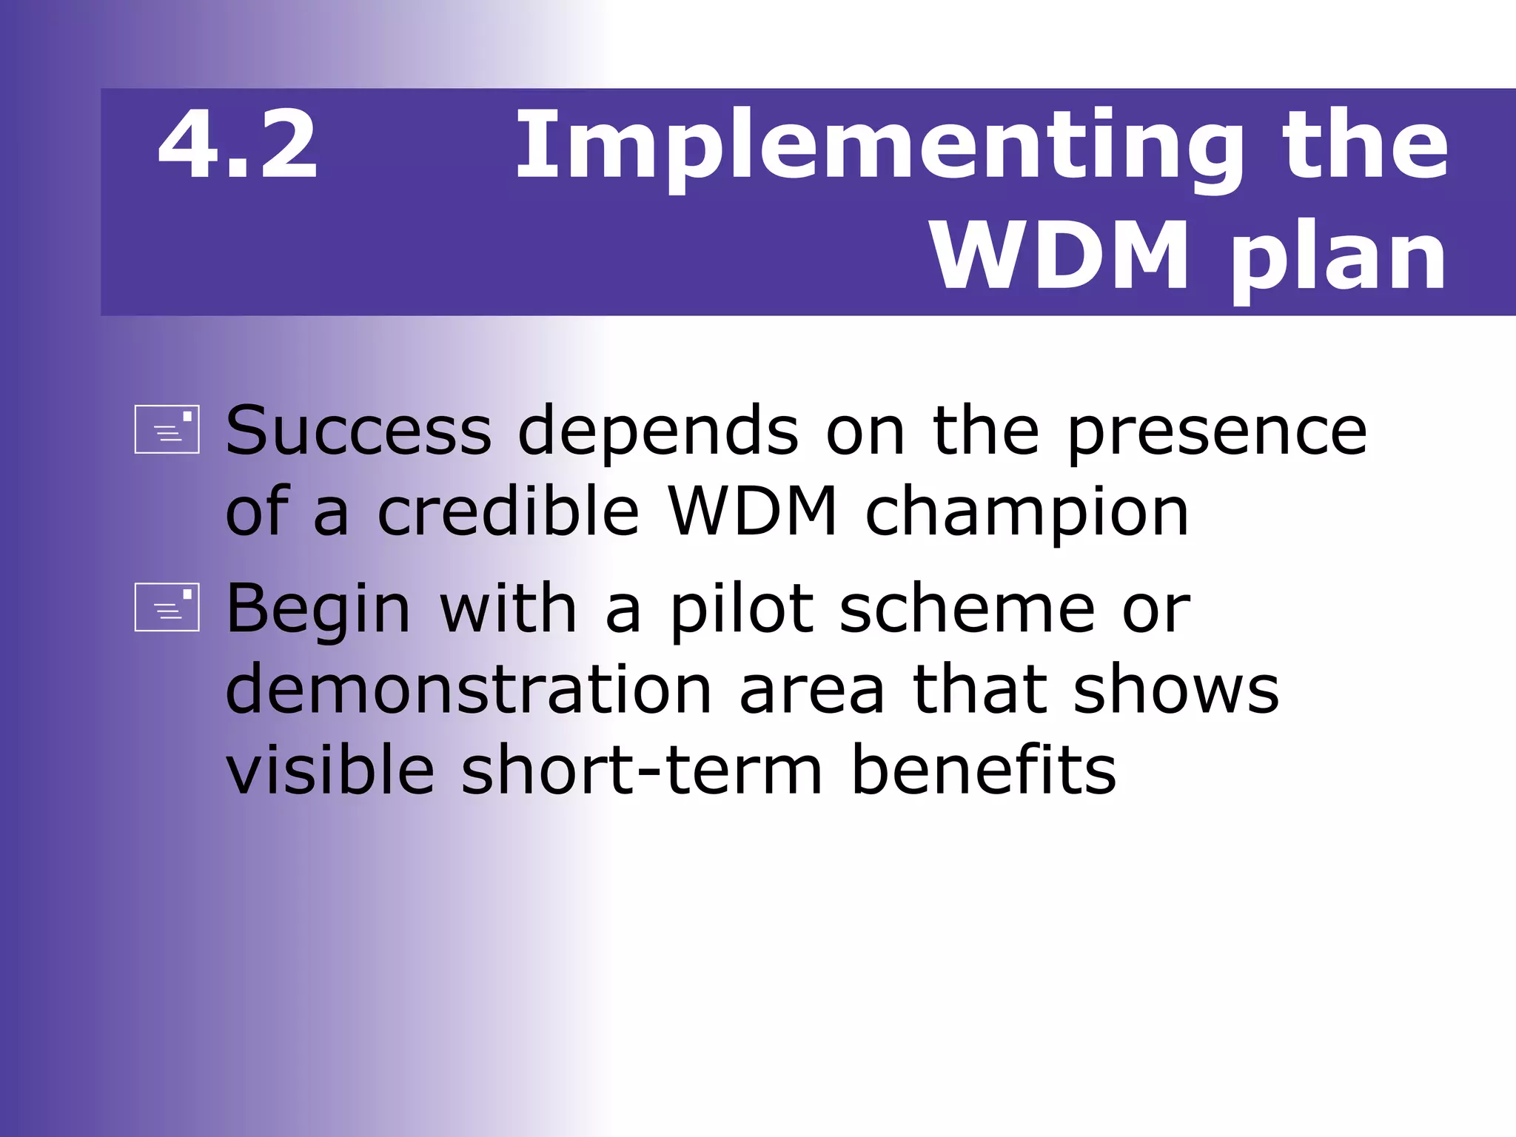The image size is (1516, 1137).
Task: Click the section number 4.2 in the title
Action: click(238, 145)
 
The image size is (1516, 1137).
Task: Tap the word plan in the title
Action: click(1338, 257)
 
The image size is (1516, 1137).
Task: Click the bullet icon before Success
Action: click(167, 429)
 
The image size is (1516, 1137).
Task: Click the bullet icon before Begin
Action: click(167, 607)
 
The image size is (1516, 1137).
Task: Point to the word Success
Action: click(358, 431)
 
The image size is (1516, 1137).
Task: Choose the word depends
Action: click(657, 431)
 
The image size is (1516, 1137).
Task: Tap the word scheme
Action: click(967, 609)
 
